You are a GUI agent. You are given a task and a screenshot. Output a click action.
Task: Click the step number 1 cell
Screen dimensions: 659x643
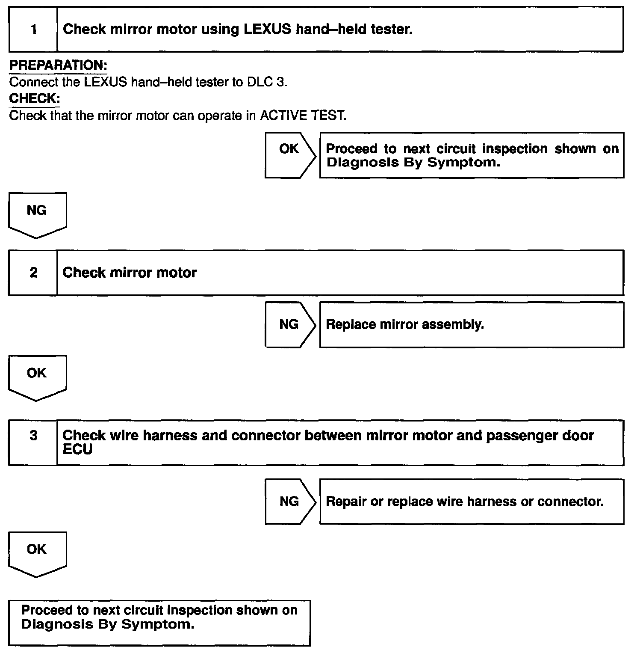(x=33, y=29)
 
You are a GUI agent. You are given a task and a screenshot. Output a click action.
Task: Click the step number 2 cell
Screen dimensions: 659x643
(x=33, y=273)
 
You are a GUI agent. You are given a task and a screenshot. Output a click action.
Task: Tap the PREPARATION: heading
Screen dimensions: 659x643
(x=58, y=65)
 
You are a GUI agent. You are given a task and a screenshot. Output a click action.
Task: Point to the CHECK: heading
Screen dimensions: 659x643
(x=34, y=98)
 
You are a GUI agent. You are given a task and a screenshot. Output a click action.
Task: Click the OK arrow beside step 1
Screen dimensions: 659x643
(x=289, y=155)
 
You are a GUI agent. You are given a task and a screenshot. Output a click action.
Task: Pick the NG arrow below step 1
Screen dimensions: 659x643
(x=37, y=214)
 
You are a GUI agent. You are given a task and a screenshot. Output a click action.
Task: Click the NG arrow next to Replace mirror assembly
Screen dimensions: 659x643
(x=289, y=324)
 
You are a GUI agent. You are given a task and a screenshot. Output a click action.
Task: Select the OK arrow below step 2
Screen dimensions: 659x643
(x=37, y=377)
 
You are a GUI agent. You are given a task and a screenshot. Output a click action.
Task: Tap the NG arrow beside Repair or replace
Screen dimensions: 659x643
(x=289, y=501)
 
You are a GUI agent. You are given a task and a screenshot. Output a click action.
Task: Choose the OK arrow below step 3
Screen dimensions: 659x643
(x=37, y=553)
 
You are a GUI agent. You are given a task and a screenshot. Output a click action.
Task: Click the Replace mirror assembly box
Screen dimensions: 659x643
(x=471, y=324)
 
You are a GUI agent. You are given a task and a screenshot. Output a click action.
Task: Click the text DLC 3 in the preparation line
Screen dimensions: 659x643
(x=266, y=82)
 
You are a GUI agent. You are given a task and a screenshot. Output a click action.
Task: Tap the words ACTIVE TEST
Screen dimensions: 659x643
(x=302, y=116)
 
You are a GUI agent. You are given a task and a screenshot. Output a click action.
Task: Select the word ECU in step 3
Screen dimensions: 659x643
(x=77, y=450)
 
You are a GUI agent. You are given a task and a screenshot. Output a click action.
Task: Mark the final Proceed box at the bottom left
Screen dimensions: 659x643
(x=159, y=622)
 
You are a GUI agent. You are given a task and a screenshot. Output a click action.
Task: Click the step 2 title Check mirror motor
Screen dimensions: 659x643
(x=130, y=273)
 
